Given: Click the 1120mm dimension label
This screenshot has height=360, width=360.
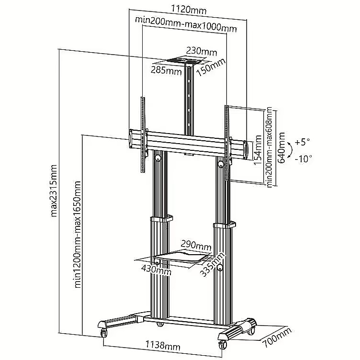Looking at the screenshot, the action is [x=189, y=10].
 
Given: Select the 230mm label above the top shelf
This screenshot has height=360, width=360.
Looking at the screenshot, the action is [x=202, y=52].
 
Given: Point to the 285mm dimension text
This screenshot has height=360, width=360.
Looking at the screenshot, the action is [x=166, y=70].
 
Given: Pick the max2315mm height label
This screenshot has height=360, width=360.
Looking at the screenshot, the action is [x=53, y=191].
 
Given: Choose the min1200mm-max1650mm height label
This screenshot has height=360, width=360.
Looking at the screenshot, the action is [x=78, y=235].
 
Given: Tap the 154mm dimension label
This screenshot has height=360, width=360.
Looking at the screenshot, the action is [x=258, y=150].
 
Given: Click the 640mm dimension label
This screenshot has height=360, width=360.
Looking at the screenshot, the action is [x=281, y=147].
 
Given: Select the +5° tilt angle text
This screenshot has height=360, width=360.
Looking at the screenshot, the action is [x=302, y=142].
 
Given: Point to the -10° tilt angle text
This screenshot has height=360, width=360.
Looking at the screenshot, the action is [x=304, y=159].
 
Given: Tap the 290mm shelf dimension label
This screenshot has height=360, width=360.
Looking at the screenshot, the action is [x=196, y=245].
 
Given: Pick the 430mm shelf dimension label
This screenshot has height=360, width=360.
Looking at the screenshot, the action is [x=156, y=270].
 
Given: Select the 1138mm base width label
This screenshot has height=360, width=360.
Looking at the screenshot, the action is [x=163, y=345].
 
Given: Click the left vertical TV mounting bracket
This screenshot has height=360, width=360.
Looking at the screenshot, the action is [x=143, y=135].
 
